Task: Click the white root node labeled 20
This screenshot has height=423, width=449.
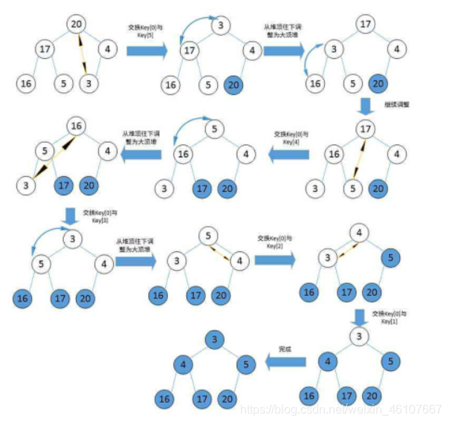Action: coord(77,24)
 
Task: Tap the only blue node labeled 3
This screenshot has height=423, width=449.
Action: coord(214,340)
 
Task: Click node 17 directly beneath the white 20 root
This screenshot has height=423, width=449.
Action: coord(45,50)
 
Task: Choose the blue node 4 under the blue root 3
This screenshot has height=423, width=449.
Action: coord(181,365)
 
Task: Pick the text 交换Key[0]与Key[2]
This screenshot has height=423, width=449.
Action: coord(275,242)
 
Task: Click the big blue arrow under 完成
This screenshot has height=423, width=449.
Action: coord(286,362)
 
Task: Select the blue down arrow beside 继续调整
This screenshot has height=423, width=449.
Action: coord(364,105)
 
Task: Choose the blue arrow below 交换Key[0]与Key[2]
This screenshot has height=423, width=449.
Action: coord(274,261)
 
